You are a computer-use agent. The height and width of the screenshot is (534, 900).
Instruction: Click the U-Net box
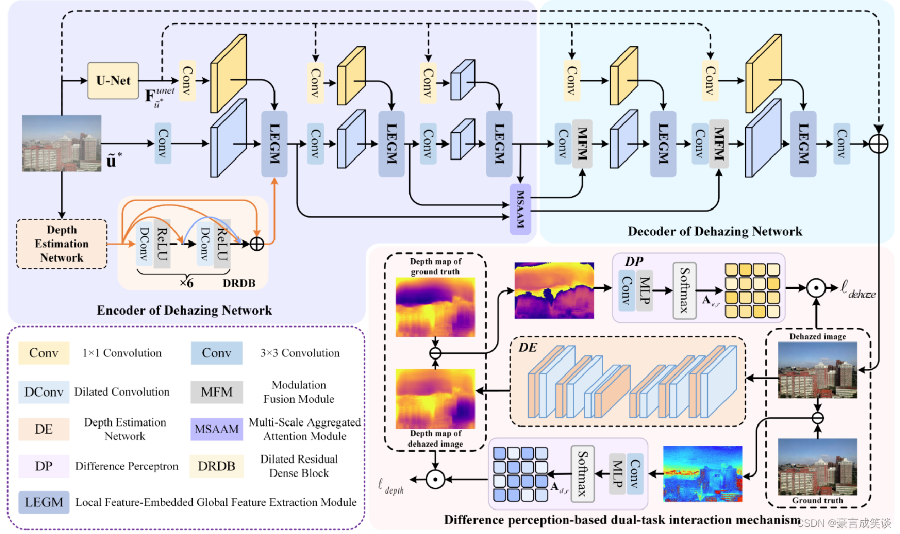[113, 81]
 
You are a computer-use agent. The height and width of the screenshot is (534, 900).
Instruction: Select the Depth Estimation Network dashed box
[62, 244]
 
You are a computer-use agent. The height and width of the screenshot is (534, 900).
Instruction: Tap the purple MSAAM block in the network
[520, 209]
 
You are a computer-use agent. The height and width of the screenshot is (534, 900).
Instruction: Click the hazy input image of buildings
[62, 143]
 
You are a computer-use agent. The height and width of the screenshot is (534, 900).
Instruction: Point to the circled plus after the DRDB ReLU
[257, 244]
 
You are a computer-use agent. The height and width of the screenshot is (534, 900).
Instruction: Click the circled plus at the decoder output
[879, 144]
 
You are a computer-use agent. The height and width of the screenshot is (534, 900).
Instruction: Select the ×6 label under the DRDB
[187, 283]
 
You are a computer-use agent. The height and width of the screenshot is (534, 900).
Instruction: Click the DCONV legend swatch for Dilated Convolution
[44, 392]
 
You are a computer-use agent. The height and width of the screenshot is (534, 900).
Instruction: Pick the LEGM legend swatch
[44, 502]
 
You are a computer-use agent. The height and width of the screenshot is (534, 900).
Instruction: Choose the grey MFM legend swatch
[216, 392]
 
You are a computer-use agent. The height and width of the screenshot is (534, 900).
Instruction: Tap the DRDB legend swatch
[216, 466]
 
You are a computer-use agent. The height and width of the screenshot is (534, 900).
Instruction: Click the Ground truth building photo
[817, 467]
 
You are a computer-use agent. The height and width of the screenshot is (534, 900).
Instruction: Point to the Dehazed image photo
[817, 370]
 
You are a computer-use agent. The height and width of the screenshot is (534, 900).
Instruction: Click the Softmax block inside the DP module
[684, 290]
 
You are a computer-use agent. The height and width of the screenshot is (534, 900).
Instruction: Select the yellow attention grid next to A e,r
[752, 290]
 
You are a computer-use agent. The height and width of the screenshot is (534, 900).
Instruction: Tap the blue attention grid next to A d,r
[520, 474]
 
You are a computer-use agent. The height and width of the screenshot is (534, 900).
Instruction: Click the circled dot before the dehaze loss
[816, 288]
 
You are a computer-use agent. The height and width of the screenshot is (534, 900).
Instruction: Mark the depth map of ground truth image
[435, 307]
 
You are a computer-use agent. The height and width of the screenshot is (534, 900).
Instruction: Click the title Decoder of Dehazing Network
[714, 231]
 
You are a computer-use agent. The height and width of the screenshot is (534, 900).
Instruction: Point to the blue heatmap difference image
[702, 473]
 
